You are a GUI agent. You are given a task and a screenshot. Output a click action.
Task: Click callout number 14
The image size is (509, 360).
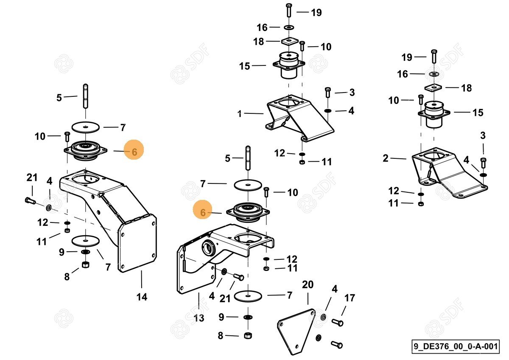[x=142, y=297]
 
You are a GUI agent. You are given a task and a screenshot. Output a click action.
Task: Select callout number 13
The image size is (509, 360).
[x=199, y=318]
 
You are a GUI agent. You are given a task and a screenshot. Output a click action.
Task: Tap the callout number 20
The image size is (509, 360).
[x=308, y=284]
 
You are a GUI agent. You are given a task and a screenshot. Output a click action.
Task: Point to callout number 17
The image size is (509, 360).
[x=349, y=298]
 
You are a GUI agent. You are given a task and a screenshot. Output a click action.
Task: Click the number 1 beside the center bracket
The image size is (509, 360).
[x=240, y=114]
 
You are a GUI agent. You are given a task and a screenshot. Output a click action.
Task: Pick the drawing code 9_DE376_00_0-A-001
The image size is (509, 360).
[x=455, y=346]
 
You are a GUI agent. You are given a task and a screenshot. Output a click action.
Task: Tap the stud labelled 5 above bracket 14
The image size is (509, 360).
[x=85, y=96]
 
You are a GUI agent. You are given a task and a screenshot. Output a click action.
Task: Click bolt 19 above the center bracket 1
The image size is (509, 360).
[x=288, y=10]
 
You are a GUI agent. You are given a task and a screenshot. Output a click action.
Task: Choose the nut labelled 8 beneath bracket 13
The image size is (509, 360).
[x=248, y=335]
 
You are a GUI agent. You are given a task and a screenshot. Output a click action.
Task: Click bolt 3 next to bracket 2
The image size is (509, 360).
[x=484, y=163]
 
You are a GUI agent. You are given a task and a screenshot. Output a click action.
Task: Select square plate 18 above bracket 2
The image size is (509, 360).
[x=434, y=87]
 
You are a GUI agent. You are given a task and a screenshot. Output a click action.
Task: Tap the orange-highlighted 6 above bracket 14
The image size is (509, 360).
[x=134, y=151]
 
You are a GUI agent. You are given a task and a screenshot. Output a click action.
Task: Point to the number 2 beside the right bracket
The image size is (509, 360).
[x=385, y=158]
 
